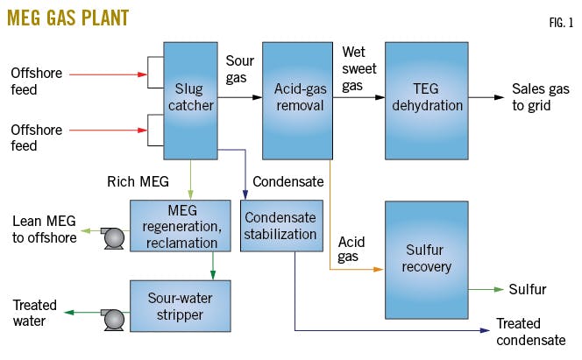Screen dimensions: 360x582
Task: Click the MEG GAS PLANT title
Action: (67, 17)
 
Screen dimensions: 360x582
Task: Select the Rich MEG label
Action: (132, 182)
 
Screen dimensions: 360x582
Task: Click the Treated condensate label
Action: (531, 331)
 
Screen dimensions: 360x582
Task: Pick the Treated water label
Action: (35, 314)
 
